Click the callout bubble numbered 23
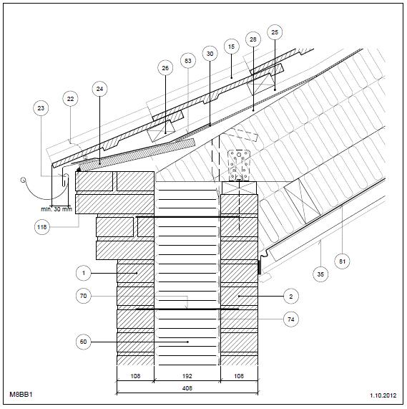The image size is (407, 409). click(41, 108)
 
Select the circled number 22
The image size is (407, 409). click(70, 99)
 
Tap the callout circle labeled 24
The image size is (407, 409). click(99, 89)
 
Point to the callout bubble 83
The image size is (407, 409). click(188, 61)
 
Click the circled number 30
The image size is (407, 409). click(210, 54)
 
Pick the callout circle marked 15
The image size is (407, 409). click(231, 47)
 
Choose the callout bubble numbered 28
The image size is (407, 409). click(253, 39)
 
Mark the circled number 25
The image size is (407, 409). click(275, 32)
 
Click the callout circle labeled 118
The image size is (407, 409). click(42, 227)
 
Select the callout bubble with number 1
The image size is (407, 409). click(84, 273)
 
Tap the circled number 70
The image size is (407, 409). click(83, 296)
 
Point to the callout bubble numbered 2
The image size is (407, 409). click(291, 297)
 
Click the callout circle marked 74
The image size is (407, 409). click(291, 319)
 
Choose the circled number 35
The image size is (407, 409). click(320, 274)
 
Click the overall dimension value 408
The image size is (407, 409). click(187, 388)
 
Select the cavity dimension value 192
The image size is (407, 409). click(187, 376)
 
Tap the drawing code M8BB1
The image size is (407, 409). click(21, 394)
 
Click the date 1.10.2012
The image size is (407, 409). click(383, 395)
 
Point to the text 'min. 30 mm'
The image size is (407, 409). click(57, 209)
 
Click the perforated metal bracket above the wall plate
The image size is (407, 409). click(239, 165)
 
